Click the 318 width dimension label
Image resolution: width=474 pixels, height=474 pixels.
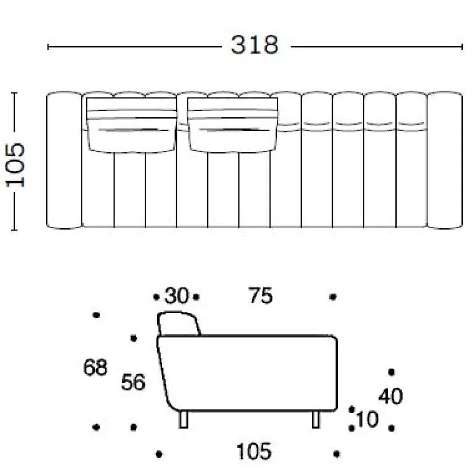pyautogui.click(x=254, y=45)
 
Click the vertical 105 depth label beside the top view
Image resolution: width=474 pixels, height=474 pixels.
pyautogui.click(x=15, y=165)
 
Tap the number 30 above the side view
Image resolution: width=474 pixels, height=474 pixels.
pyautogui.click(x=177, y=296)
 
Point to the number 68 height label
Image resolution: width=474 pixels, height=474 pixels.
pyautogui.click(x=95, y=367)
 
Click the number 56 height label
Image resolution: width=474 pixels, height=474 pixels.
pyautogui.click(x=133, y=382)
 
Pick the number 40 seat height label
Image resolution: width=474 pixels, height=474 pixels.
pyautogui.click(x=391, y=396)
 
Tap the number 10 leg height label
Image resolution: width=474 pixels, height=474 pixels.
pyautogui.click(x=367, y=419)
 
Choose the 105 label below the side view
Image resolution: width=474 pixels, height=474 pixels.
pyautogui.click(x=254, y=452)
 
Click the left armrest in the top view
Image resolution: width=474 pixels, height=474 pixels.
pyautogui.click(x=64, y=160)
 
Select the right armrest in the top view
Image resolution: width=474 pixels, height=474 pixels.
pyautogui.click(x=445, y=160)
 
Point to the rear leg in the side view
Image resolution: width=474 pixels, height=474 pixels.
pyautogui.click(x=183, y=420)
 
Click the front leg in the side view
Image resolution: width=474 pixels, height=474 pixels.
pyautogui.click(x=315, y=420)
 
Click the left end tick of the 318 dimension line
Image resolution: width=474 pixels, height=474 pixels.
pyautogui.click(x=48, y=47)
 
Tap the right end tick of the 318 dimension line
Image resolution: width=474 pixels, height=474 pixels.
pyautogui.click(x=462, y=47)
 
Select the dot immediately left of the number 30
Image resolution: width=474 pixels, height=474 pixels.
pyautogui.click(x=156, y=297)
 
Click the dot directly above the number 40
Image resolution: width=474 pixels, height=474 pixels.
pyautogui.click(x=391, y=372)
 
